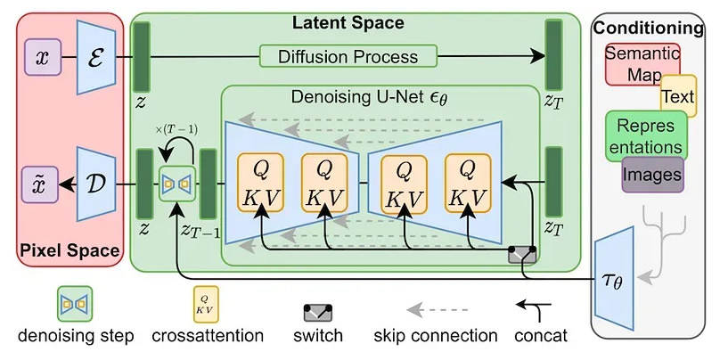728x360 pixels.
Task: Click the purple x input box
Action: point(43,57)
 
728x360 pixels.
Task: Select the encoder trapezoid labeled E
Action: point(96,57)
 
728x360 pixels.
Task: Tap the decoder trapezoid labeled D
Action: point(96,184)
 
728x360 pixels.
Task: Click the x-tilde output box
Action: point(40,184)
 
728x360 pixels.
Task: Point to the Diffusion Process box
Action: point(348,56)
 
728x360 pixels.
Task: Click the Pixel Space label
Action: point(70,250)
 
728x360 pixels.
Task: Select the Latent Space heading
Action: point(348,22)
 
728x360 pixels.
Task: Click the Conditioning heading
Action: point(649,29)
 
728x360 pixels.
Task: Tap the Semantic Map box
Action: point(642,64)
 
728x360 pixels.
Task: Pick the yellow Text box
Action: point(678,95)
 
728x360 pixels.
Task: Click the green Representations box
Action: point(646,136)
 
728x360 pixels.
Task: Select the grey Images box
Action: point(652,175)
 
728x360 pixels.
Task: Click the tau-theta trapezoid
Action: point(614,279)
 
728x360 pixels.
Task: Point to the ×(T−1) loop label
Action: point(177,130)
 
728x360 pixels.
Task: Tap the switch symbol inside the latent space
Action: point(522,255)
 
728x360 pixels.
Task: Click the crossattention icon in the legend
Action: point(206,304)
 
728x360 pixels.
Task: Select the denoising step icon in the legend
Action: point(75,304)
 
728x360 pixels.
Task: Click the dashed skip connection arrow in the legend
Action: point(437,309)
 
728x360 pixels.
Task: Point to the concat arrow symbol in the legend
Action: point(535,308)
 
